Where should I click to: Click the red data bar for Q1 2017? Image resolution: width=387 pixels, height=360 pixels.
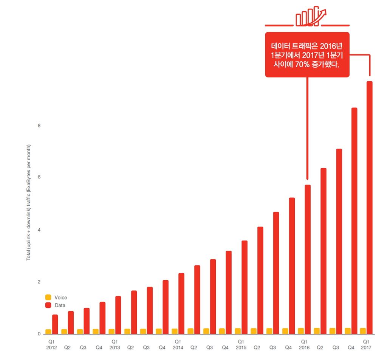coord(370,207)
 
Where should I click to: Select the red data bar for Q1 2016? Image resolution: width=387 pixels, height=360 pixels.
coord(308,259)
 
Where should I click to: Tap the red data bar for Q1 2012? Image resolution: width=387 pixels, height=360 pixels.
coord(55,324)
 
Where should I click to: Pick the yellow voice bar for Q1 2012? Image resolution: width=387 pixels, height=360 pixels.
coord(48,332)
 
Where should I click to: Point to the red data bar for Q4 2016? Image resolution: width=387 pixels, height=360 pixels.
coord(354,221)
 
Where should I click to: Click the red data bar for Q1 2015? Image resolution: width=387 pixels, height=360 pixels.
coord(245,287)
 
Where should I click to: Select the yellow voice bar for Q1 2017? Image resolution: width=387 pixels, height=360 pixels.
coord(363,331)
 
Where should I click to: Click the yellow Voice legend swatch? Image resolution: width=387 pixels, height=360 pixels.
coord(48,297)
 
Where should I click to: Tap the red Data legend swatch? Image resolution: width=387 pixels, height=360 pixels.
coord(48,305)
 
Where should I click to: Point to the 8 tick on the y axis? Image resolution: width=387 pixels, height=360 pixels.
coord(39,126)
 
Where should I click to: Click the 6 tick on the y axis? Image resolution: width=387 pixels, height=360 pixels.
coord(39,177)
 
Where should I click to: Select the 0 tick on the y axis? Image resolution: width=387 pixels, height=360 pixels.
coord(39,334)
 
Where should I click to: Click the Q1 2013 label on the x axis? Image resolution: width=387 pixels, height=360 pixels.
coord(115,345)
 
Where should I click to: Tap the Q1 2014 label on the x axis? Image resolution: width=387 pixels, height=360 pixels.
coord(178,345)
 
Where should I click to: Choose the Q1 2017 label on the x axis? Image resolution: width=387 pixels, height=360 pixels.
coord(366,345)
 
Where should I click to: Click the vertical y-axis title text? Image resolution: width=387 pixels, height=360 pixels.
coord(29,202)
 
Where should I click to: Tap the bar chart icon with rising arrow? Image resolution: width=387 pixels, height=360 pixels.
coord(311,16)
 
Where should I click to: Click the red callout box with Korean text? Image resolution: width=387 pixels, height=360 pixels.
coord(307,54)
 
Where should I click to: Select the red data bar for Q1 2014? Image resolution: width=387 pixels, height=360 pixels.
coord(181,303)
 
